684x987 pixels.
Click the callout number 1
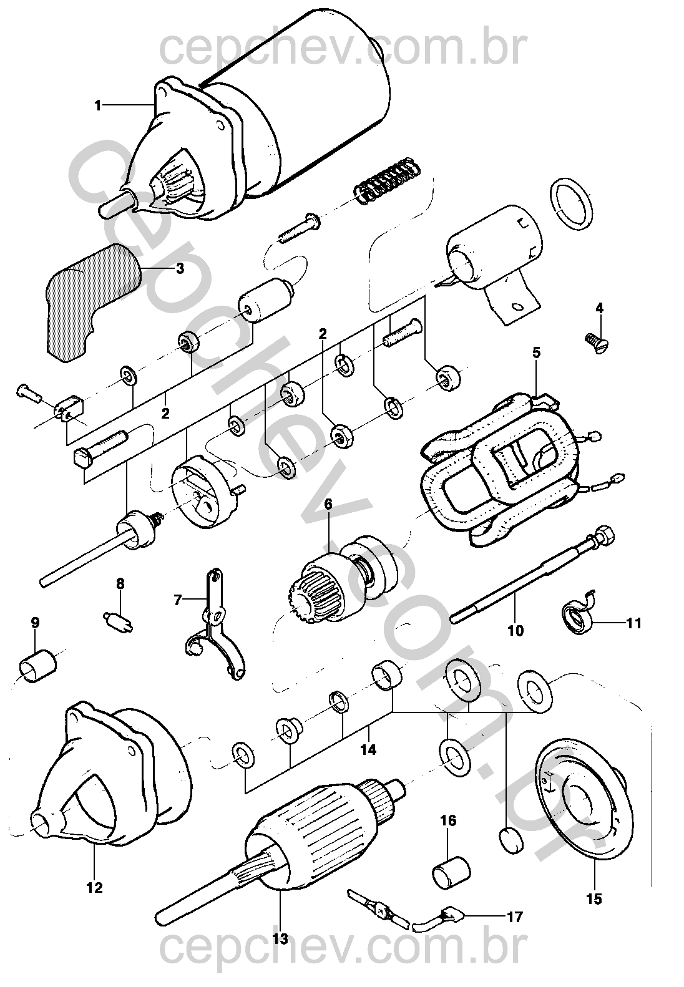point(97,105)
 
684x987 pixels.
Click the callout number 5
point(535,352)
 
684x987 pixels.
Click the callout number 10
point(515,630)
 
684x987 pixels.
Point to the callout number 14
point(368,749)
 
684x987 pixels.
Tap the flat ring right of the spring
point(572,205)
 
